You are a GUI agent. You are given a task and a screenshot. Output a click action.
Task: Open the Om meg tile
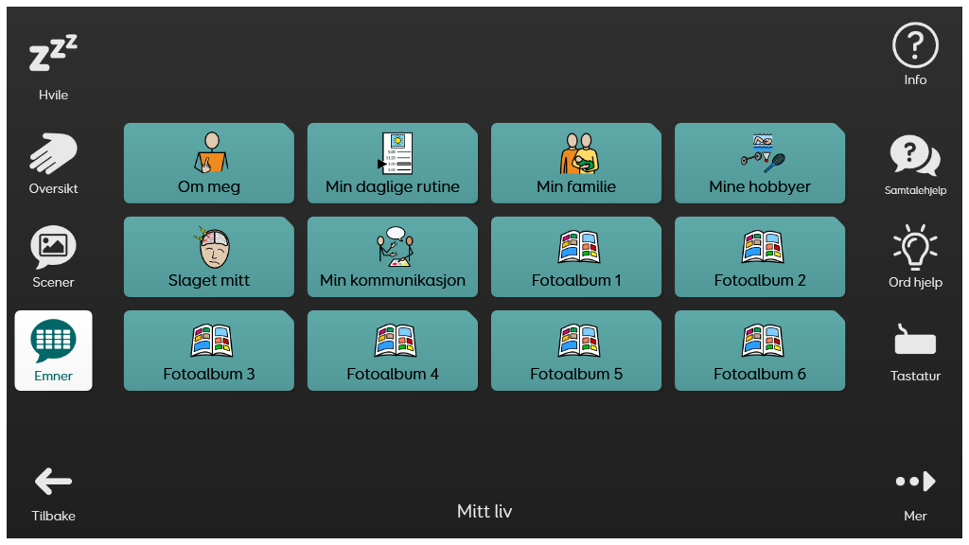coord(209,163)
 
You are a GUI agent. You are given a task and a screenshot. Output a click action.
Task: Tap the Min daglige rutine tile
coord(393,163)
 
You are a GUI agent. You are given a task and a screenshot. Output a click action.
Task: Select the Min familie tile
coord(576,163)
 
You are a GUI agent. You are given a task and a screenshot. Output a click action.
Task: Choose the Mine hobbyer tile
coord(760,163)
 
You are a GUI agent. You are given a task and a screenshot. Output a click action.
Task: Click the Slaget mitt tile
coord(209,257)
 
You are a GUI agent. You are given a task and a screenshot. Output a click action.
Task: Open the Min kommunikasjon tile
coord(393,257)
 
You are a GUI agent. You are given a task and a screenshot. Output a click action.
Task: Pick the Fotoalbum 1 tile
coord(576,257)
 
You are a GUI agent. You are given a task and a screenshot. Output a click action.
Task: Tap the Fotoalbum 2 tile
coord(760,257)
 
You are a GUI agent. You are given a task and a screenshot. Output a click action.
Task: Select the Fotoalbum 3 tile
coord(209,350)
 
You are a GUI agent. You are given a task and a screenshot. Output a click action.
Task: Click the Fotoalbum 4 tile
coord(393,350)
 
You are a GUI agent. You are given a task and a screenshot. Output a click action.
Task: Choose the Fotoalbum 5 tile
coord(576,350)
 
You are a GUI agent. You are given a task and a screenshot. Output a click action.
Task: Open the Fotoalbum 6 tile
coord(760,350)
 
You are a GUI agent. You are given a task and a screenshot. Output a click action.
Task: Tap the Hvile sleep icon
coord(53,53)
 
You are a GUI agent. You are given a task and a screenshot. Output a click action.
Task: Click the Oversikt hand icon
coord(53,153)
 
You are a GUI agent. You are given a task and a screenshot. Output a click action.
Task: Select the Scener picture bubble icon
coord(53,247)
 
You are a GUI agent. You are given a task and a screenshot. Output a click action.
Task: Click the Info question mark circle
coord(915,45)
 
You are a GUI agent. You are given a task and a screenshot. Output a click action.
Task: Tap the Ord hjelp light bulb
coord(915,247)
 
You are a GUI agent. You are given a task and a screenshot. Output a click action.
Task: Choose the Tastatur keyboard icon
coord(915,341)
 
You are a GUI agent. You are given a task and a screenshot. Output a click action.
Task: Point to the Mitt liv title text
coord(484,511)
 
